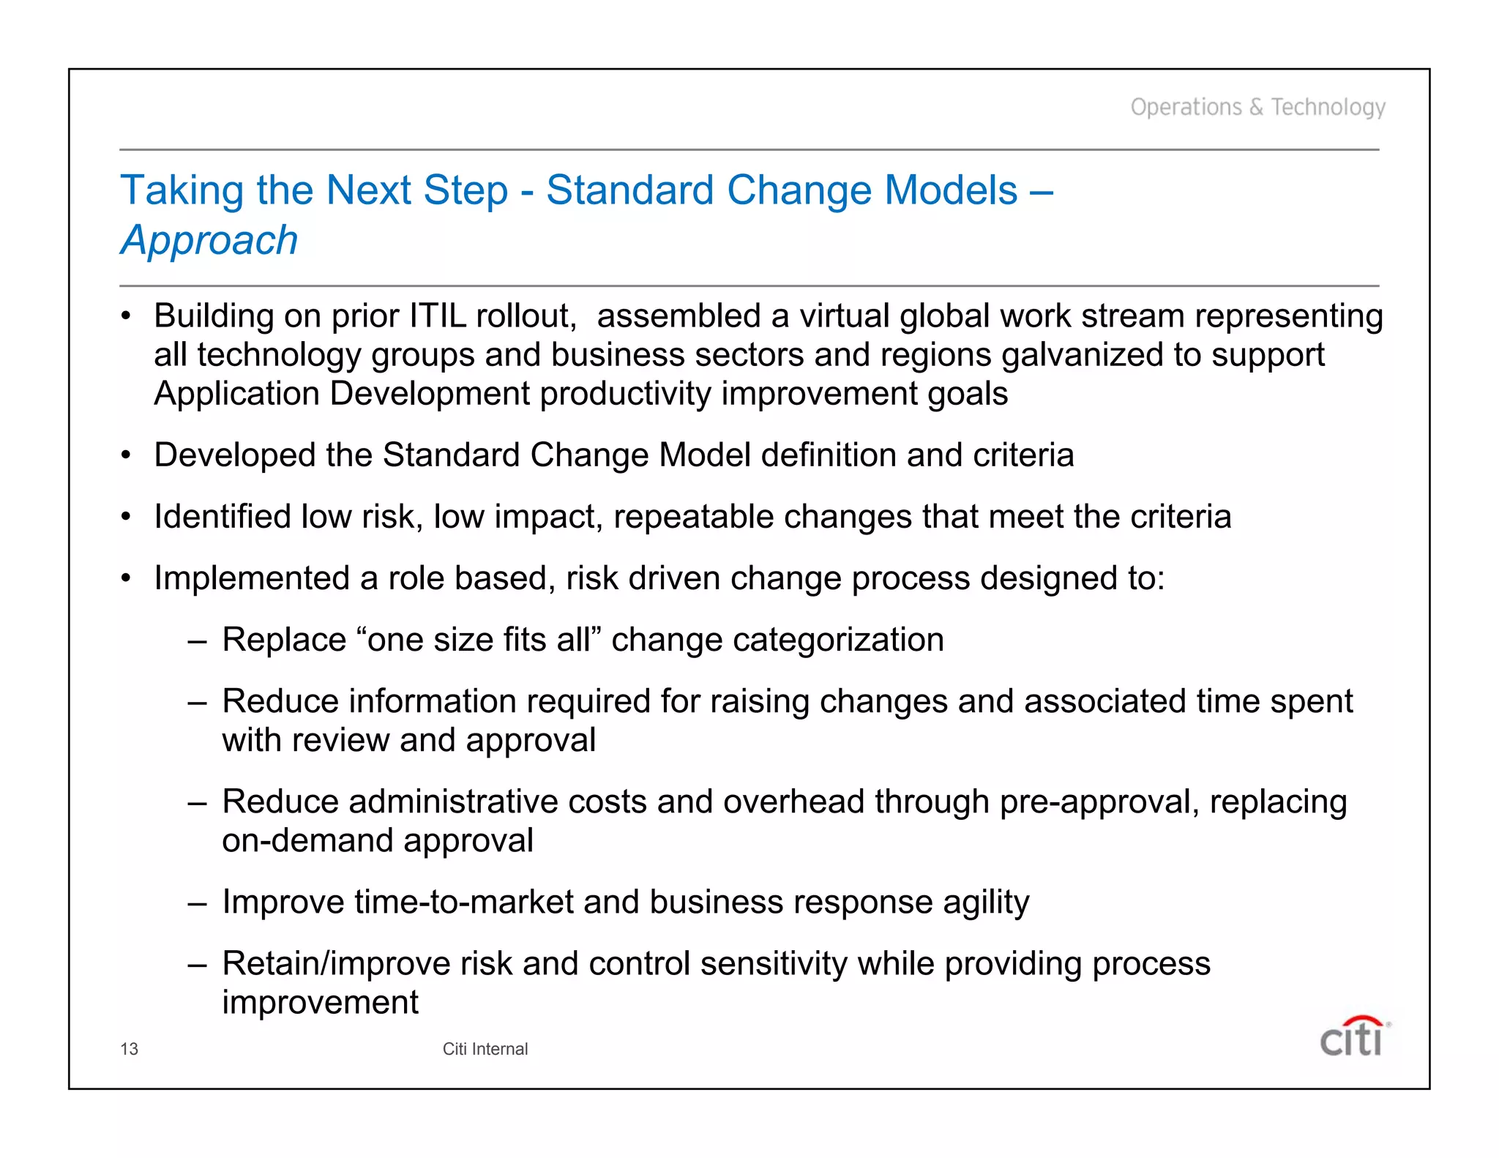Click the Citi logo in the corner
point(1353,1037)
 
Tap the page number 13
point(129,1049)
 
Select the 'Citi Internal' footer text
point(485,1049)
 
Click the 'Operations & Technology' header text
point(1257,108)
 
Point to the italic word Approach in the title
point(209,241)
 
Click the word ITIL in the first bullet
point(437,316)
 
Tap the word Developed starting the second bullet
point(235,455)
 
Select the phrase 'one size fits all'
point(479,640)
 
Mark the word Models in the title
point(951,190)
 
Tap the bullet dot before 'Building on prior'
point(126,317)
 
